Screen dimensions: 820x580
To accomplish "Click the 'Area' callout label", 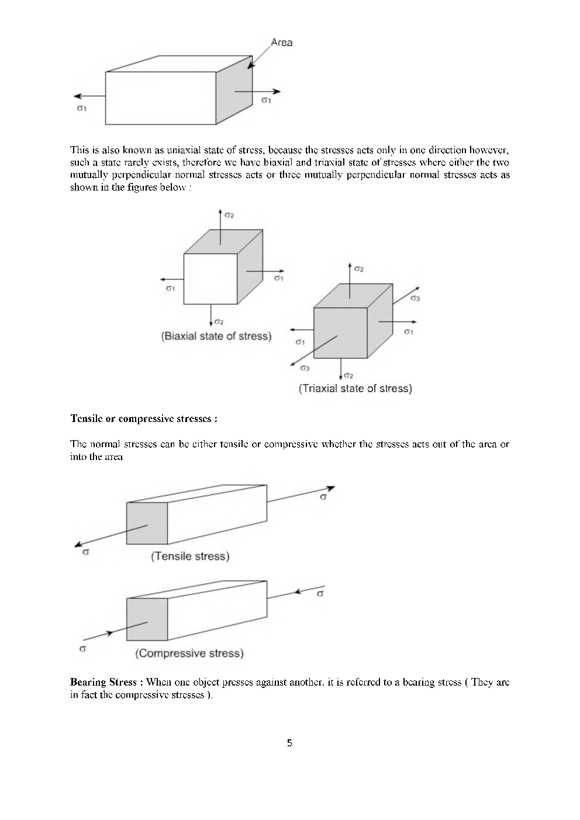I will [281, 43].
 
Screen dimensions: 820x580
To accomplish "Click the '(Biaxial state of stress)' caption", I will [216, 337].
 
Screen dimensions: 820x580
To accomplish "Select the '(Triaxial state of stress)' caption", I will [355, 389].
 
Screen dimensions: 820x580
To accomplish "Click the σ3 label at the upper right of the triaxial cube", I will [415, 298].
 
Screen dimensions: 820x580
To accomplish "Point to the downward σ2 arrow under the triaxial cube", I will [341, 368].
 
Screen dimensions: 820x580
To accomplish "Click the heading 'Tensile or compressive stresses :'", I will [144, 419].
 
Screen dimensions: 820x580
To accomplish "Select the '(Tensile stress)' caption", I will [190, 556].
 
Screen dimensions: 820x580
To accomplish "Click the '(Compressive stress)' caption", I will [189, 653].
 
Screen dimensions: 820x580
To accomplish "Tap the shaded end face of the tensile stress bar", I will [147, 523].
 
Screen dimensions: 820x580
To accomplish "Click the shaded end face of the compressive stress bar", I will [147, 620].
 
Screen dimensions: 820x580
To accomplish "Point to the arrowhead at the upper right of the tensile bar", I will [330, 488].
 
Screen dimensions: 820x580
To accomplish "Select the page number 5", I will [289, 743].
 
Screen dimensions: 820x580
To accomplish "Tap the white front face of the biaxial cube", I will [210, 279].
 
